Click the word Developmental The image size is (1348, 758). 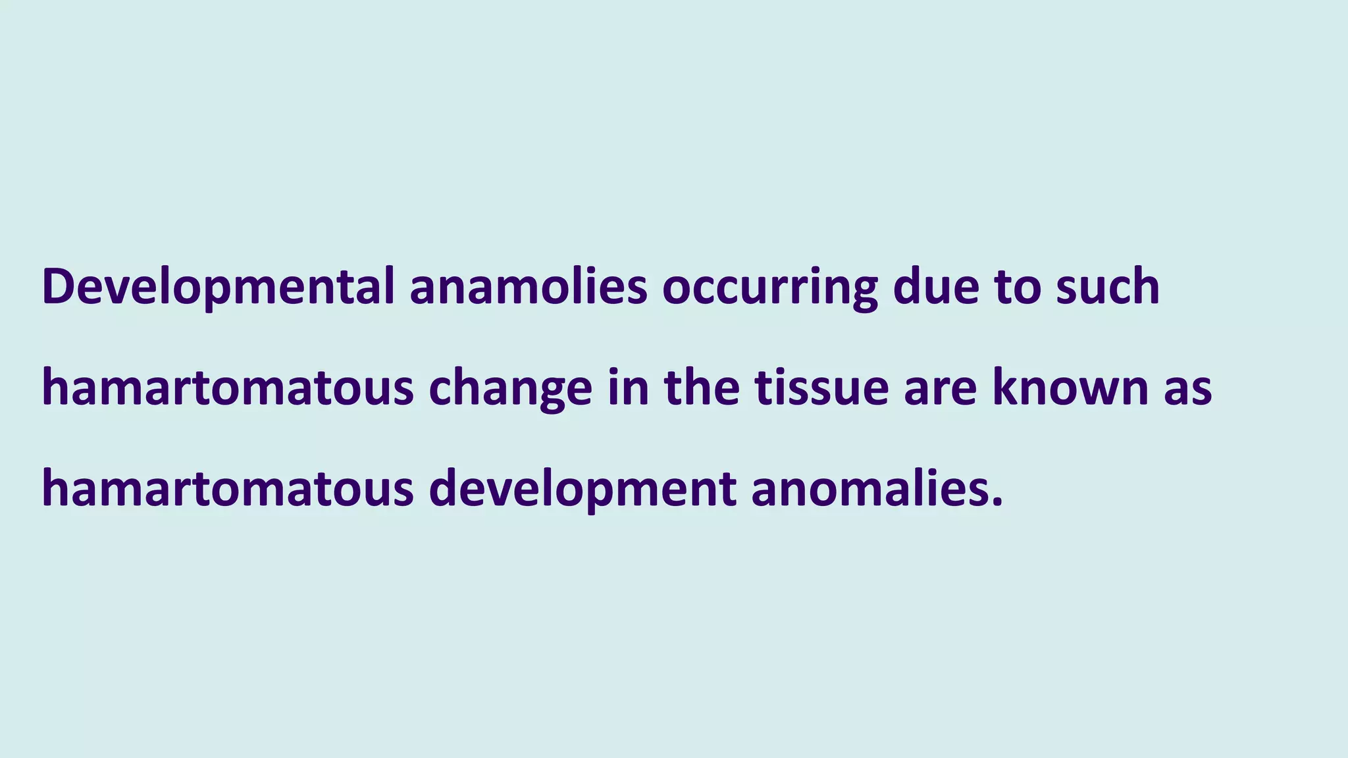(x=218, y=287)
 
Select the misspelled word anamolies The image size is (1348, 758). (x=529, y=287)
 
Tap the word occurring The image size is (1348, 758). (x=769, y=287)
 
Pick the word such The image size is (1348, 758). (x=1108, y=287)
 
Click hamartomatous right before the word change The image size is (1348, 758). (x=228, y=388)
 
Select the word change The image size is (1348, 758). (x=511, y=388)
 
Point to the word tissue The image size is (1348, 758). (x=822, y=388)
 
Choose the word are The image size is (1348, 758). (x=941, y=388)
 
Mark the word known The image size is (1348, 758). (x=1070, y=388)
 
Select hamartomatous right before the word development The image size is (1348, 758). (x=228, y=490)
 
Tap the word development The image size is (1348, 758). (x=583, y=490)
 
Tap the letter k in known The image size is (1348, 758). (x=1006, y=388)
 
